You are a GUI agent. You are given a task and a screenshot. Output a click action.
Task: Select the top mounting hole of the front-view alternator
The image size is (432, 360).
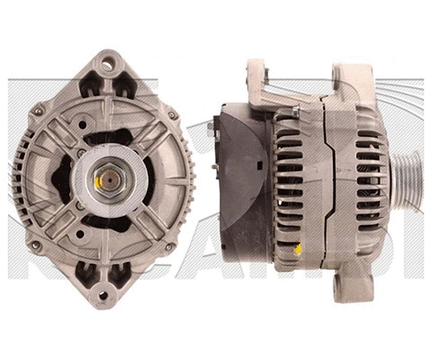coord(108,63)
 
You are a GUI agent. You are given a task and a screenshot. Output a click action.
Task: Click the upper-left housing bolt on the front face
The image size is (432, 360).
coord(39,111)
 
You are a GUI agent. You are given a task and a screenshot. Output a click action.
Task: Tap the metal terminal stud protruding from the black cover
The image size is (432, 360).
coord(211,130)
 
